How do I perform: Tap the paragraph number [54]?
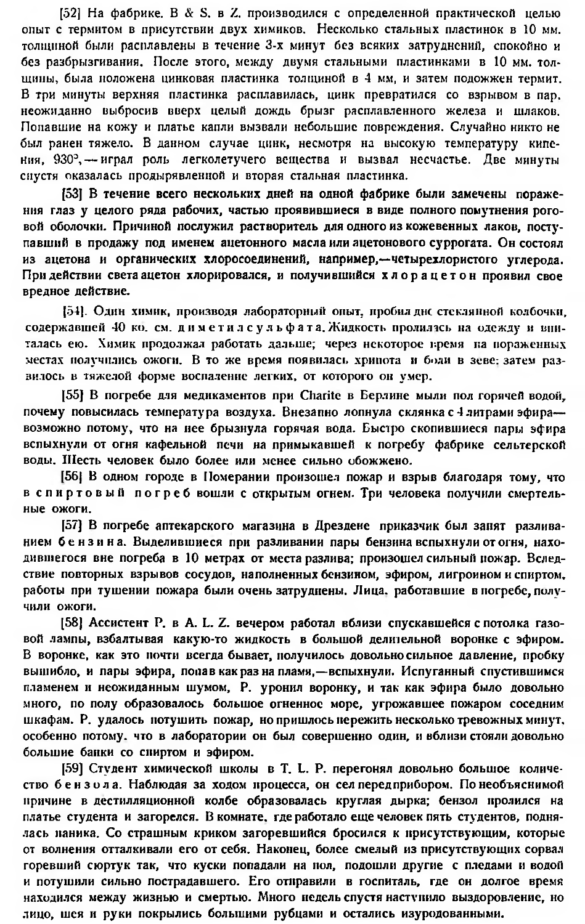pos(73,309)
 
